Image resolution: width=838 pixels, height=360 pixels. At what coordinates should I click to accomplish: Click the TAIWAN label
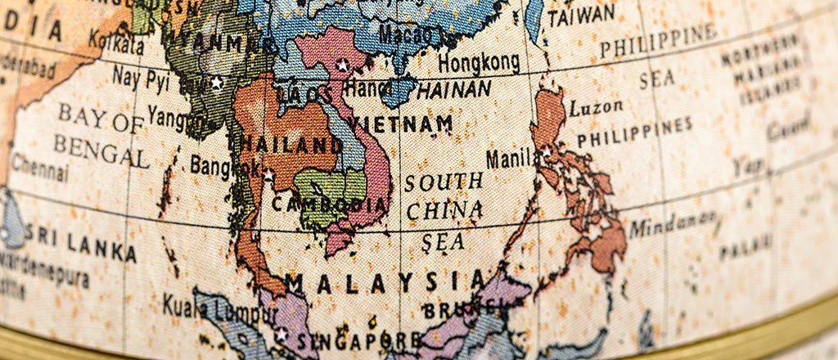[581, 15]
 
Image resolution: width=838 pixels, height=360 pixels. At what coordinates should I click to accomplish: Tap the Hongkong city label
[479, 62]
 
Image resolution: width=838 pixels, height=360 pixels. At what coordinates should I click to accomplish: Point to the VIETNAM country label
[401, 124]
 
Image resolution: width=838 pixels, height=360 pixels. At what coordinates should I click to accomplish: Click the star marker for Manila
[546, 151]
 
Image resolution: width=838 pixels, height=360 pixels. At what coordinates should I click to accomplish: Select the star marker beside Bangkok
[268, 174]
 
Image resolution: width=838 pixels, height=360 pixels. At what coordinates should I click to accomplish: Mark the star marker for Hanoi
[343, 65]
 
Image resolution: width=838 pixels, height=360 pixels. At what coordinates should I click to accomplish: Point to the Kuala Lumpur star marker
[281, 334]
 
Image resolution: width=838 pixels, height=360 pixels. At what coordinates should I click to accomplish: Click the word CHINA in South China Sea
[444, 210]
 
